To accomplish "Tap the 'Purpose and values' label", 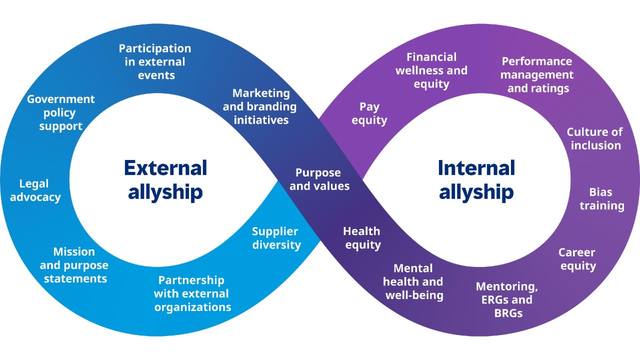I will click(319, 179).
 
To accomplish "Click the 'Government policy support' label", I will click(60, 112).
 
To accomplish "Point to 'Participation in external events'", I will click(155, 62).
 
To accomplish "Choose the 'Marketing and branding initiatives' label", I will click(260, 106).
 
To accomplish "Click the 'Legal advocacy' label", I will click(35, 190).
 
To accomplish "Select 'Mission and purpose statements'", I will click(74, 265).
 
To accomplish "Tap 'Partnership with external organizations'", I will click(192, 293).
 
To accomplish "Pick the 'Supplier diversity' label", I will click(276, 238).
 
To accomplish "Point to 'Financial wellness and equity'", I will click(431, 70).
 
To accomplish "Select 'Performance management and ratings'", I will click(537, 75).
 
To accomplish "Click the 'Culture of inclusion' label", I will click(595, 138).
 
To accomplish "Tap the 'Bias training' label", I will click(601, 199).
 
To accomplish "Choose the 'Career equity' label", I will click(577, 259).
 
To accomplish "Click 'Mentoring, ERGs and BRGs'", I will click(507, 299).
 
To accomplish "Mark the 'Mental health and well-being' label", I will click(413, 282).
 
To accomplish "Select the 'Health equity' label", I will click(362, 238).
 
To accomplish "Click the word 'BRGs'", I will click(508, 313).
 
